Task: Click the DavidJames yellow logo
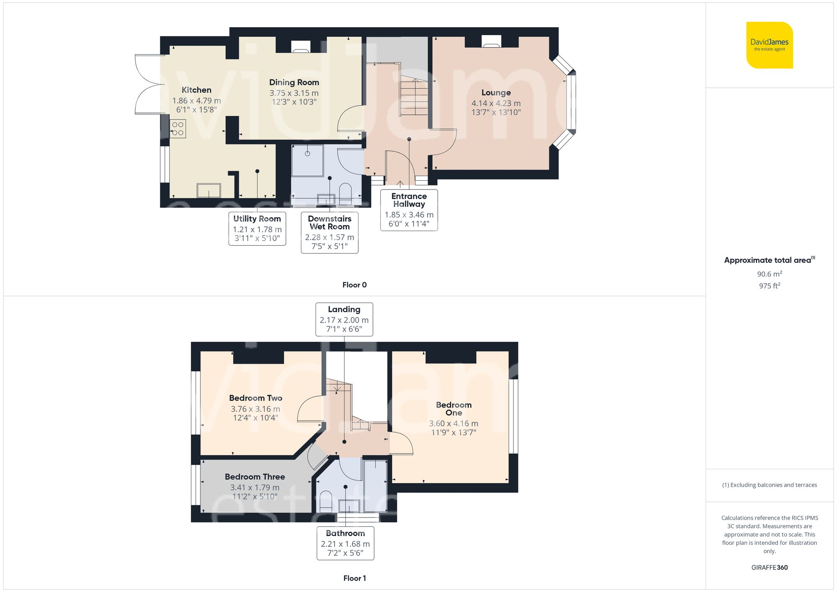(x=769, y=45)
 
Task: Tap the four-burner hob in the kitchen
(x=178, y=129)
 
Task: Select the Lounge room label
(x=496, y=92)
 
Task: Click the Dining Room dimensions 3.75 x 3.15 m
(x=294, y=93)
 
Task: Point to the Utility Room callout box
(x=257, y=228)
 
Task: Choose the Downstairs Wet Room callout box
(x=329, y=233)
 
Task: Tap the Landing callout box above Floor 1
(x=344, y=319)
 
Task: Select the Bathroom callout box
(x=345, y=543)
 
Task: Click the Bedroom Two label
(x=256, y=398)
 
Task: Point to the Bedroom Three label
(x=254, y=477)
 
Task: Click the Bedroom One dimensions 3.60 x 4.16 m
(x=454, y=423)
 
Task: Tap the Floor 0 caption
(x=354, y=285)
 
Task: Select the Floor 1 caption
(x=354, y=578)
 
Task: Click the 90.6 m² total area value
(x=769, y=274)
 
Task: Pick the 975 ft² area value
(x=769, y=286)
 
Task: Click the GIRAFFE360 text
(x=769, y=567)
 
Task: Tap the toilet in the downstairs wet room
(x=345, y=192)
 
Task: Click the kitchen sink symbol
(x=209, y=190)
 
